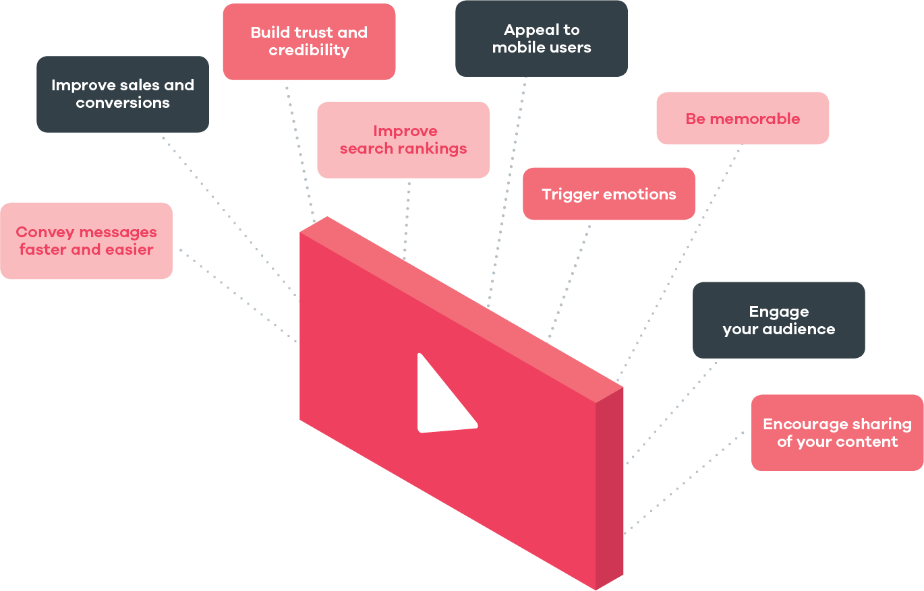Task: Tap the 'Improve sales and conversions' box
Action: [123, 94]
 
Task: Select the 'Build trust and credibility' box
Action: [309, 42]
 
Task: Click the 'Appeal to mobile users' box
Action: [542, 38]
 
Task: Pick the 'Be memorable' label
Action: [743, 119]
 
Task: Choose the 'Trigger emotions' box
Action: [609, 194]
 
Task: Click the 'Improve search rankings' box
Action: [403, 140]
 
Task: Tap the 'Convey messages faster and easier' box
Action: [86, 241]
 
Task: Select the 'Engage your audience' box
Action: [779, 320]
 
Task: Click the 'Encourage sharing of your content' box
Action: [837, 433]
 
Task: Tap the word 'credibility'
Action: [309, 51]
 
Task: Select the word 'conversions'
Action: [123, 103]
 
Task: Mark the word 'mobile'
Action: [513, 48]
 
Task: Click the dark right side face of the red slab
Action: [610, 485]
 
